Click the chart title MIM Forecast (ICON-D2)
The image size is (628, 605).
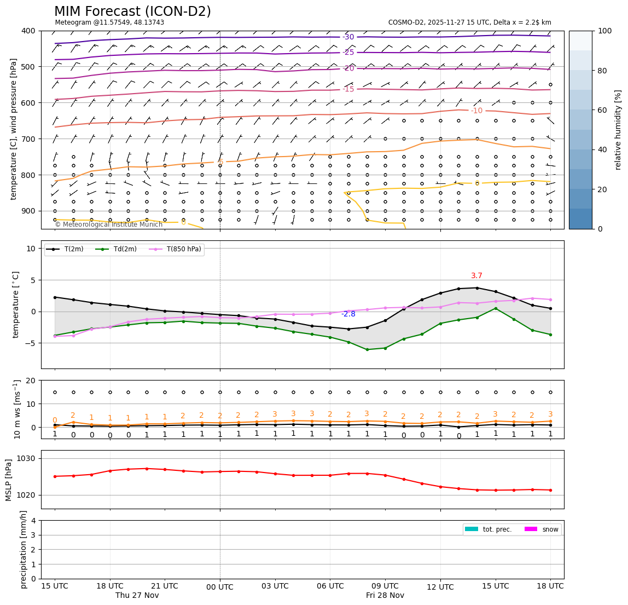(x=132, y=11)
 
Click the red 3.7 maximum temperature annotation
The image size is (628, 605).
(x=476, y=276)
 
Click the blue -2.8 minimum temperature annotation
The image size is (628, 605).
(x=348, y=314)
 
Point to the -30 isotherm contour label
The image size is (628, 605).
(x=348, y=37)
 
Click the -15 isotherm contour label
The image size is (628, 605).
(x=348, y=89)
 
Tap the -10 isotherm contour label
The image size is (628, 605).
(x=476, y=111)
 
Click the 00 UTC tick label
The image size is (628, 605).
(x=220, y=587)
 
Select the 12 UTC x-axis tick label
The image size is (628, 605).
(x=440, y=587)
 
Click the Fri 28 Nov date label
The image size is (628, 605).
(x=385, y=596)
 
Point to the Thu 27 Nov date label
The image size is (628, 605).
(x=137, y=596)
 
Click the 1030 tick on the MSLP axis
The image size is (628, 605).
(x=28, y=459)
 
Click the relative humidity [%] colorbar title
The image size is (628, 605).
(x=618, y=130)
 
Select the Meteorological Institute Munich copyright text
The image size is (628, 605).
(x=108, y=224)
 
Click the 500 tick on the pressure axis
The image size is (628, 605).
(x=28, y=67)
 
